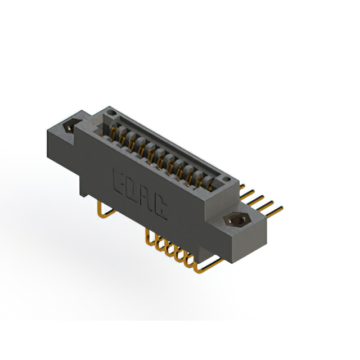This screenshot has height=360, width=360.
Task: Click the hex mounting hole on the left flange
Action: [x=69, y=127]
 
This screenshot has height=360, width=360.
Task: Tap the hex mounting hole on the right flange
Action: [x=234, y=220]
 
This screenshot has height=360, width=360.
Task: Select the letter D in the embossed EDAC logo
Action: [x=134, y=188]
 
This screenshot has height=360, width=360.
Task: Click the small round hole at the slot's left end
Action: [x=112, y=115]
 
